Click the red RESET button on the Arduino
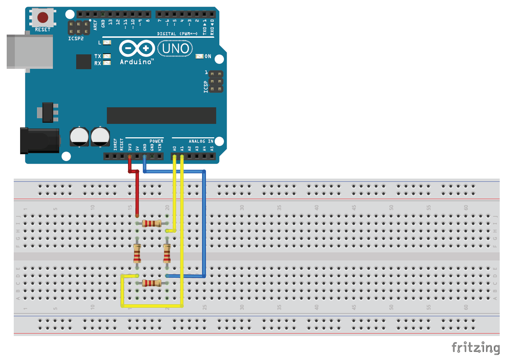tap(43, 17)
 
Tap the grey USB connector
tap(30, 52)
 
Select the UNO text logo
tap(175, 48)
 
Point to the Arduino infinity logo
tap(137, 48)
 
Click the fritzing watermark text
tap(476, 347)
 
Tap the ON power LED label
tap(208, 56)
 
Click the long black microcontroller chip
tap(161, 115)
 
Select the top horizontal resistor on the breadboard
tap(152, 223)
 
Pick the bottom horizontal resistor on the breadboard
tap(152, 283)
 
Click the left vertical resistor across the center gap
tap(137, 253)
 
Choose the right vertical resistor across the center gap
tap(167, 253)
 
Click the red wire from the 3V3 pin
tap(137, 194)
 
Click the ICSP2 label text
tap(76, 38)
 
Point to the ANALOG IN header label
tap(201, 141)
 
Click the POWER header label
tap(156, 141)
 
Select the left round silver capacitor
tap(79, 137)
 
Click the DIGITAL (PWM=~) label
tap(177, 34)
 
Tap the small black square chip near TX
tap(84, 61)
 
